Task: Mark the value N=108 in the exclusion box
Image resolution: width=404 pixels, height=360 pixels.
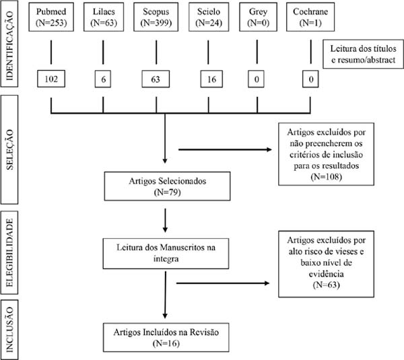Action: (326, 177)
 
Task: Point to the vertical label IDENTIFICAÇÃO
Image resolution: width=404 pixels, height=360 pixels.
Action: (9, 46)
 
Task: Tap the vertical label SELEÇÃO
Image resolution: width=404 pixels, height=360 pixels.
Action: (9, 149)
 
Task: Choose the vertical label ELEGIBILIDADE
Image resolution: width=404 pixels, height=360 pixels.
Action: (9, 252)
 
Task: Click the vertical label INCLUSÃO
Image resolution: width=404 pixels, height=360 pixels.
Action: (9, 330)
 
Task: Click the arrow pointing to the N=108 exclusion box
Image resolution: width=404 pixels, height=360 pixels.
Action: (225, 149)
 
